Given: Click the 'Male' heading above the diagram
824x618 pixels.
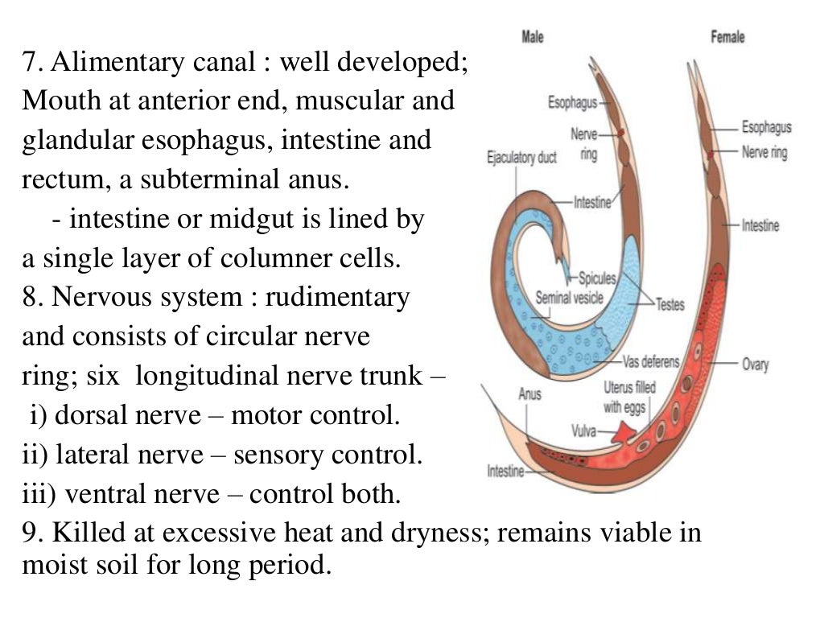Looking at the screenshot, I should click(533, 37).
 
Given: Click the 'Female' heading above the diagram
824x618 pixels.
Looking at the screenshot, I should click(727, 37).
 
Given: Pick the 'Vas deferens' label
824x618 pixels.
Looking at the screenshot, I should click(651, 362).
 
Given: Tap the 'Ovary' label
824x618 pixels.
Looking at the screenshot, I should click(755, 365).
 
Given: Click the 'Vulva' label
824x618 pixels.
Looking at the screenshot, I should click(583, 431).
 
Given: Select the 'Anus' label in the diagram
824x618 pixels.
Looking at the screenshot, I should click(529, 394).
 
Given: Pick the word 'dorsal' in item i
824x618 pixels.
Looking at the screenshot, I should click(91, 416).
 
